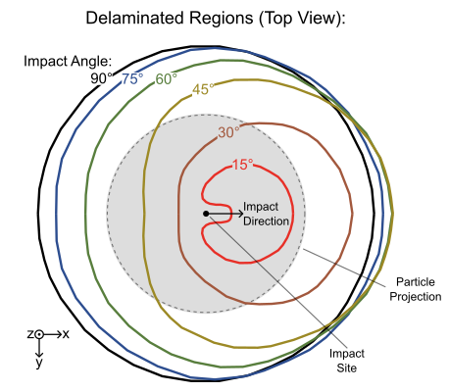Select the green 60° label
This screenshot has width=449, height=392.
pyautogui.click(x=167, y=79)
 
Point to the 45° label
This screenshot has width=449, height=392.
pyautogui.click(x=203, y=89)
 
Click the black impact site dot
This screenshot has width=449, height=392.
pyautogui.click(x=205, y=213)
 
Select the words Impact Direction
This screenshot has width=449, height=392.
pyautogui.click(x=266, y=214)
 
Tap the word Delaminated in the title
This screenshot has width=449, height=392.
pyautogui.click(x=133, y=19)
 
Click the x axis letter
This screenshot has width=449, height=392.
pyautogui.click(x=66, y=334)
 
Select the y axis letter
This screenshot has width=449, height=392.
pyautogui.click(x=39, y=364)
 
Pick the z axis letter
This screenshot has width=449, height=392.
pyautogui.click(x=29, y=334)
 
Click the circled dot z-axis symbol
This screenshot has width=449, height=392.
pyautogui.click(x=40, y=334)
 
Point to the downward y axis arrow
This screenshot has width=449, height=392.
pyautogui.click(x=39, y=348)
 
